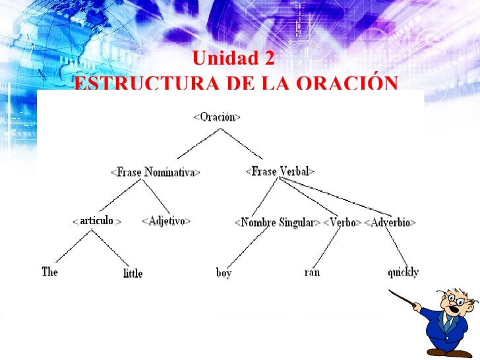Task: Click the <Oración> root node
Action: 217,117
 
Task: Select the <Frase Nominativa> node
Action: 156,172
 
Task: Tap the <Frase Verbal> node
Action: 280,171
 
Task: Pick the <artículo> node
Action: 97,221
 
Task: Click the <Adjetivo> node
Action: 166,221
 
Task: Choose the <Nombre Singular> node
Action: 277,222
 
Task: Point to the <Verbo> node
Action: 343,222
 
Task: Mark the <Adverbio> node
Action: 390,222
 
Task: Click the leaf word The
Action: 49,271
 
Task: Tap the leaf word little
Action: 133,273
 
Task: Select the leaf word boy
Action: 224,272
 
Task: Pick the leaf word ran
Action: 312,271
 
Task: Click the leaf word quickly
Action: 403,272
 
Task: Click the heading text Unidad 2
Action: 233,59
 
